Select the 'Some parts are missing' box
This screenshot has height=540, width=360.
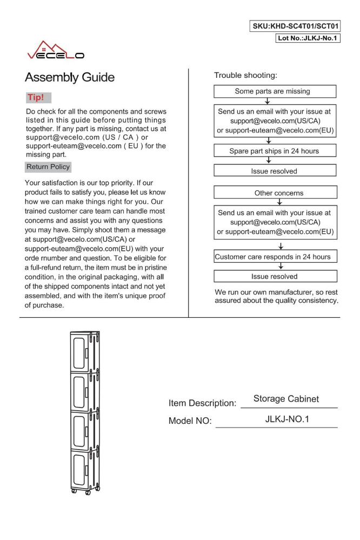point(276,91)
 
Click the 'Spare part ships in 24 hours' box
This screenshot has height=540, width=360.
point(276,151)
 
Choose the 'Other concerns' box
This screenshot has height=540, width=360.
point(276,193)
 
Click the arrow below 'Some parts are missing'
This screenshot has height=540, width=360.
point(276,101)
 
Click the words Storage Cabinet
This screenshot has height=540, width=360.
point(286,399)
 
